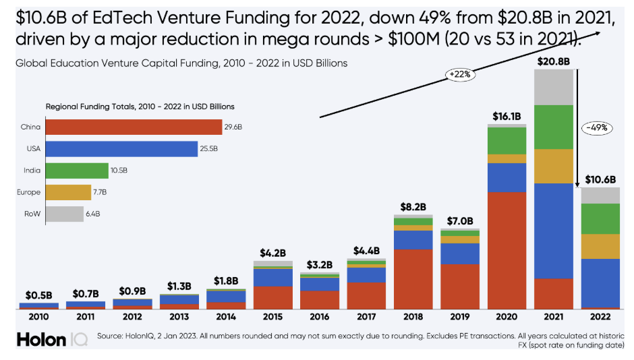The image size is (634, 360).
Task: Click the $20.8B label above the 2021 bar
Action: point(553,61)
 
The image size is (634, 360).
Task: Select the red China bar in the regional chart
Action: point(134,127)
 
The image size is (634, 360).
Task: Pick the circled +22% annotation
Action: point(460,74)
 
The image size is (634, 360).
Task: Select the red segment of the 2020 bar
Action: point(507,249)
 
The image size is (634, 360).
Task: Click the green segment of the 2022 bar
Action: point(600,218)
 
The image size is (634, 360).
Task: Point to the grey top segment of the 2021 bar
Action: point(553,86)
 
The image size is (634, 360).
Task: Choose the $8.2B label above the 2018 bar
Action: point(413,207)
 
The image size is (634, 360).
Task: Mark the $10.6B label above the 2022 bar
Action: point(600,179)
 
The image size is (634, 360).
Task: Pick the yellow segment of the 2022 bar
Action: point(600,246)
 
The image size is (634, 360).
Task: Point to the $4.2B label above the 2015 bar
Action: point(273,253)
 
